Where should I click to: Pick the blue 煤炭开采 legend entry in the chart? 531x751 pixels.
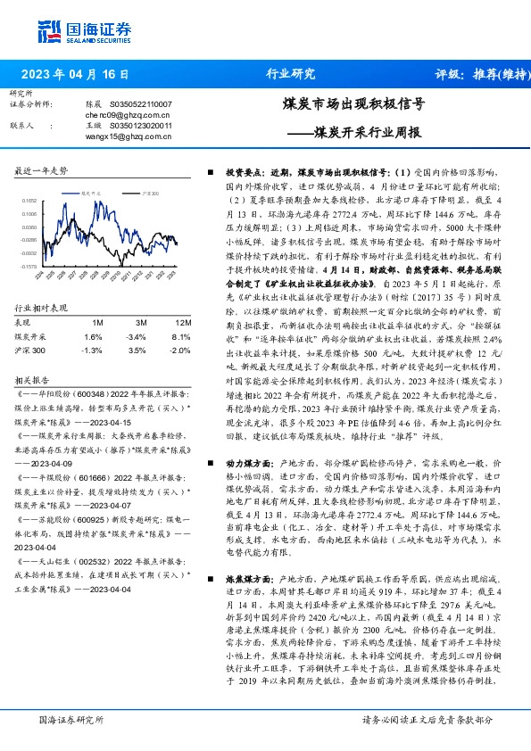93,193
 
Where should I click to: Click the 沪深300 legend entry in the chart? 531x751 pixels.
149,193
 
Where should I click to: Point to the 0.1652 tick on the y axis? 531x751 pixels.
29,202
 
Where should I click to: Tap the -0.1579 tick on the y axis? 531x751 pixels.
29,266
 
